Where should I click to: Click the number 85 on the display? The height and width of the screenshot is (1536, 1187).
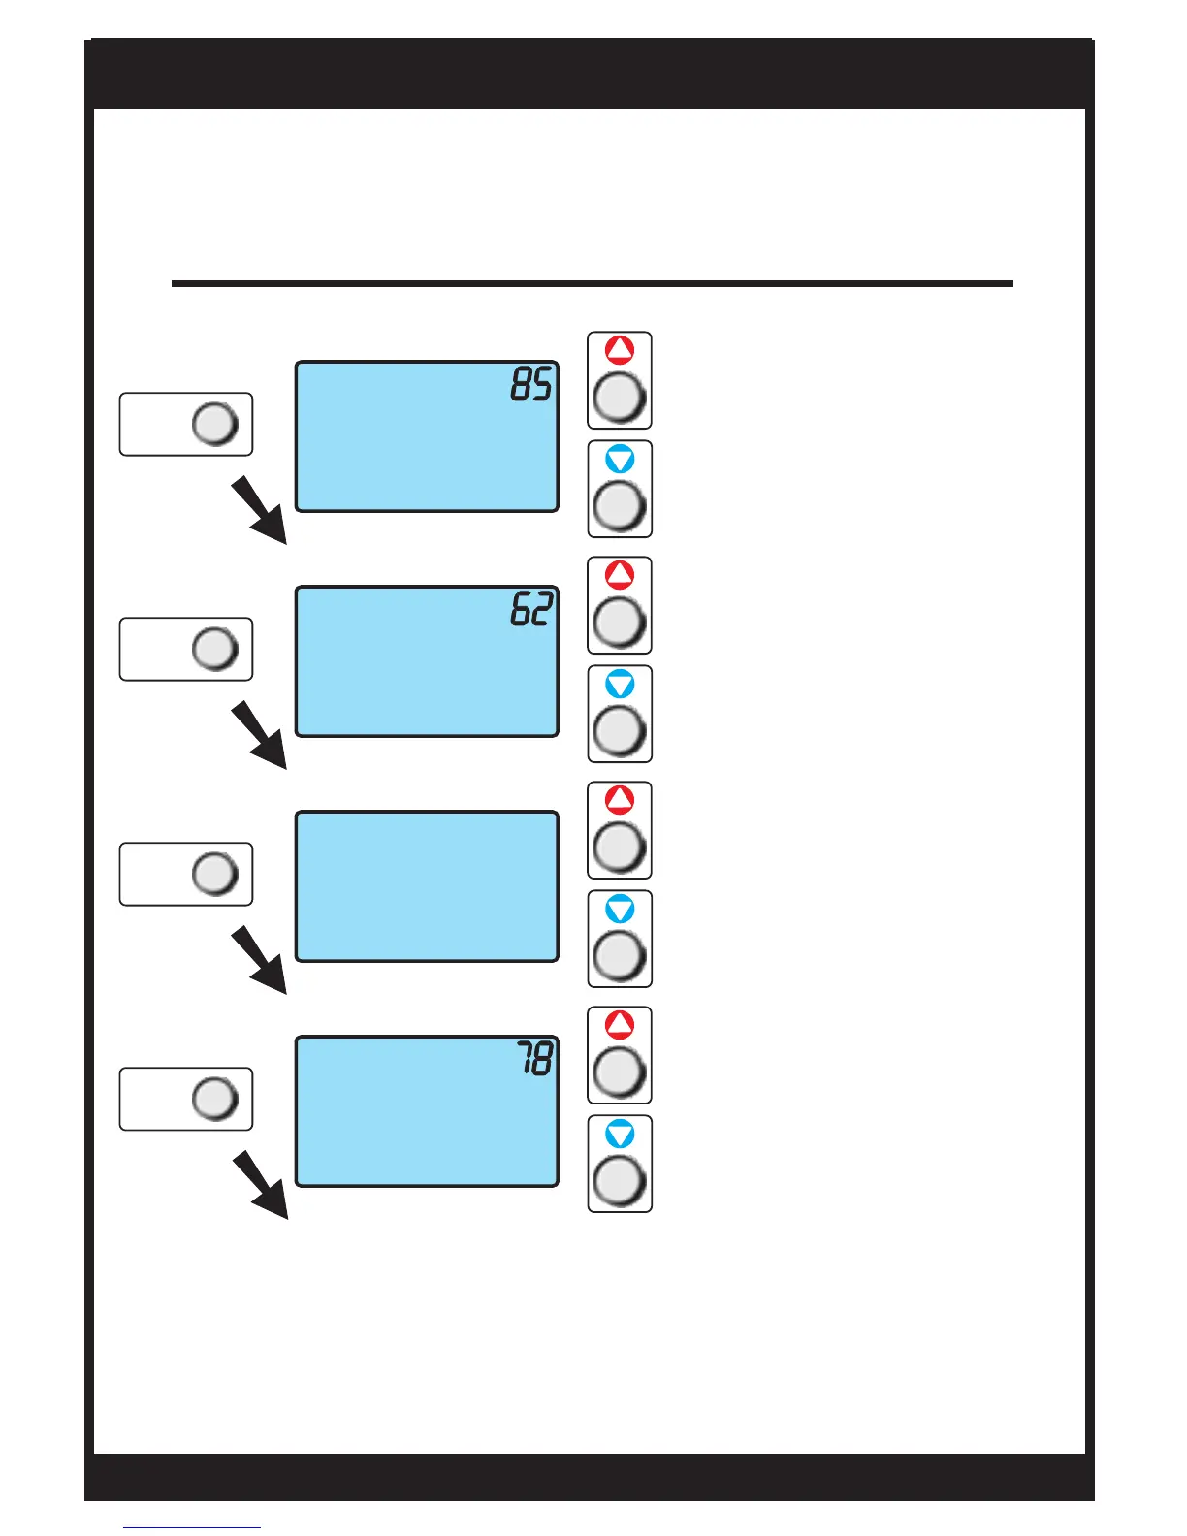point(531,385)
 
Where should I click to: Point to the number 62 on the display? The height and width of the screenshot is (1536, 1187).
point(531,610)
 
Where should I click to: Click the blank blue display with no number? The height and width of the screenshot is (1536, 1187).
point(427,886)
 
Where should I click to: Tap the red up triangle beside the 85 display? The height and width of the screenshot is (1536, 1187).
point(620,350)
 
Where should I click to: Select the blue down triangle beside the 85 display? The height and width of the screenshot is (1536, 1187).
point(620,459)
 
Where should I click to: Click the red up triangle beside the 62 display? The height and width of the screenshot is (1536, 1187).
point(620,575)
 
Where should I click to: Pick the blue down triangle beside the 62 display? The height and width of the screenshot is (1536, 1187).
point(620,684)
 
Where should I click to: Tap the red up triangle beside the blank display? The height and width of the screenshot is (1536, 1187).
point(620,800)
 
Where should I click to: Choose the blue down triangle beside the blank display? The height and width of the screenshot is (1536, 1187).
point(620,909)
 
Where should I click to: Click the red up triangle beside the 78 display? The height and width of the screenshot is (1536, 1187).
point(620,1025)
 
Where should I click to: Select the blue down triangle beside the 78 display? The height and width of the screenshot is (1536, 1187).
point(620,1134)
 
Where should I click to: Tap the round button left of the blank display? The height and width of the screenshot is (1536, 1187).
point(215,874)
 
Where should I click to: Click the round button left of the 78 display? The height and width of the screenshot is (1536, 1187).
point(215,1099)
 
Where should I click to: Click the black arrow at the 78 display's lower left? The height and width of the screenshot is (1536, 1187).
point(260,1185)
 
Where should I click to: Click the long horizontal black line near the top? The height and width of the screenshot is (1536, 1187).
point(592,284)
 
